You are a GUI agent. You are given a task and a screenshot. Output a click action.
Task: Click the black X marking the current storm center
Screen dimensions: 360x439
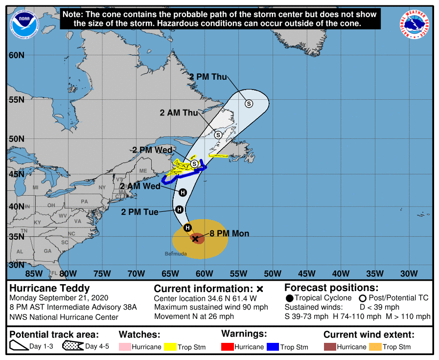[195, 239]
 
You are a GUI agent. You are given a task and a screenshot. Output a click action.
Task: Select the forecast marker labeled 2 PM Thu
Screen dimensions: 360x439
[249, 103]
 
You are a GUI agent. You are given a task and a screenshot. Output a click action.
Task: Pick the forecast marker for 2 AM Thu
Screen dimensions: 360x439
[218, 135]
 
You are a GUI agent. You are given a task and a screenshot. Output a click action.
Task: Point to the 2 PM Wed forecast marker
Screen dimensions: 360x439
[194, 163]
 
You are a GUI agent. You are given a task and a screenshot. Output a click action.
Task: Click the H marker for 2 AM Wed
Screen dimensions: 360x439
[183, 192]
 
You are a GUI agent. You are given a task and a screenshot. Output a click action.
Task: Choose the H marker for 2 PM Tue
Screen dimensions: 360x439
[179, 210]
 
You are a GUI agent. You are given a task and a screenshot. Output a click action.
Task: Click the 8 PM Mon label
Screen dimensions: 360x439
[229, 233]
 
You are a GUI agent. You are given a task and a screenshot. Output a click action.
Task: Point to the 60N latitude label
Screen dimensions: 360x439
[17, 55]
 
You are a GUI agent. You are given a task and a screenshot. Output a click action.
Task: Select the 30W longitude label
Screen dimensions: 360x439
[409, 273]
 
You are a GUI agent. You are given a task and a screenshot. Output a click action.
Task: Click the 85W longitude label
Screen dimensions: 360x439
[33, 273]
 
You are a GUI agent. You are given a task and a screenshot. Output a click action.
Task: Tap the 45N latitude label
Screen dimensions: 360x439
[17, 174]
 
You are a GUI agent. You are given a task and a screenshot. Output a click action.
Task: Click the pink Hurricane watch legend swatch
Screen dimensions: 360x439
[126, 347]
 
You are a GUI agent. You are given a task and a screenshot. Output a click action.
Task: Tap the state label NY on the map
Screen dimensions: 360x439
[102, 187]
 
